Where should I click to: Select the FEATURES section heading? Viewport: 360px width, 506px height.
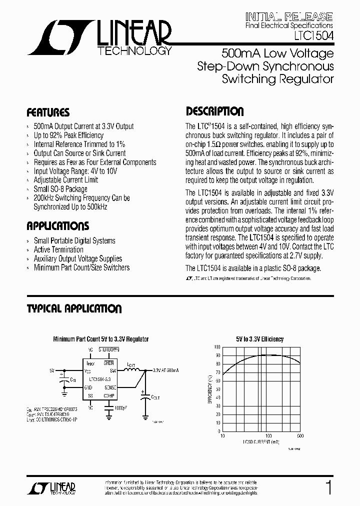point(48,112)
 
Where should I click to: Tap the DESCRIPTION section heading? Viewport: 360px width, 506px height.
point(215,111)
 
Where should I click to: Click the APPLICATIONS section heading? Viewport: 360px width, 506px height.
point(58,226)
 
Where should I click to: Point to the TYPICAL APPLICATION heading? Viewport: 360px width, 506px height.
point(74,309)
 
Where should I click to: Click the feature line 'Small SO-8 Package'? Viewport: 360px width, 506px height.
point(60,189)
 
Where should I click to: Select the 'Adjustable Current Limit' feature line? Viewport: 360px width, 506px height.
point(66,180)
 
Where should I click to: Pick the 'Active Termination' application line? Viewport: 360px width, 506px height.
point(58,249)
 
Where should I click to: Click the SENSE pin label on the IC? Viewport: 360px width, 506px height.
point(110,387)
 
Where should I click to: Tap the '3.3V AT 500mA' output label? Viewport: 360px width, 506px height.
point(165,370)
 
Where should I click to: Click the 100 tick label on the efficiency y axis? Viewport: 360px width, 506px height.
point(216,346)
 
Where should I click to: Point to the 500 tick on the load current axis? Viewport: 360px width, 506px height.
point(300,435)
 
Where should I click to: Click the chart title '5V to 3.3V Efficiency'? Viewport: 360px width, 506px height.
point(260,339)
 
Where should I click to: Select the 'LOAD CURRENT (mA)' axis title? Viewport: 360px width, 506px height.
point(261,442)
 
